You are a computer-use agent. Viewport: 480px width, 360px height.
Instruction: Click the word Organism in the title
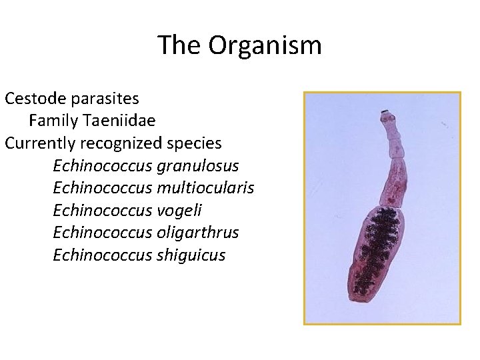[265, 45]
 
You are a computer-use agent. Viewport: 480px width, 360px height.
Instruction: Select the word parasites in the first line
[107, 99]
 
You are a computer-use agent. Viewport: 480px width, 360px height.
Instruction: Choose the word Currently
[39, 143]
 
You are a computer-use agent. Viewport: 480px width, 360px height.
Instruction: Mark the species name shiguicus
[193, 255]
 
